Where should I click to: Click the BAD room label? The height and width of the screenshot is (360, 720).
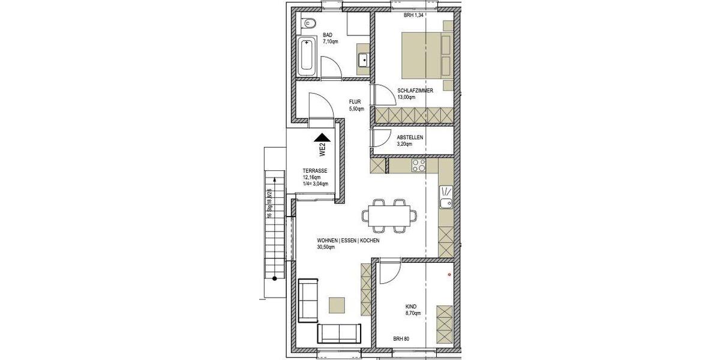click(x=328, y=35)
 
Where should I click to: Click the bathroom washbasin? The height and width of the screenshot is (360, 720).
click(x=364, y=59)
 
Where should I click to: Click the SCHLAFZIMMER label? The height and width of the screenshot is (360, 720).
click(x=415, y=90)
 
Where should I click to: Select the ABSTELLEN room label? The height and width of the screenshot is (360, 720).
click(x=410, y=137)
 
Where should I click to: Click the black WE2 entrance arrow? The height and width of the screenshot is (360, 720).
click(x=322, y=139)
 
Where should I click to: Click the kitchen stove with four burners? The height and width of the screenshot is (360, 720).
click(x=418, y=165)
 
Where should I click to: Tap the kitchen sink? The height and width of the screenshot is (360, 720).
click(x=446, y=197)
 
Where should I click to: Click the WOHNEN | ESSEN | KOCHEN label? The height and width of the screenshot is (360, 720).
click(x=349, y=240)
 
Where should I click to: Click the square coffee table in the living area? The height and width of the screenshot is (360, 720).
click(x=337, y=305)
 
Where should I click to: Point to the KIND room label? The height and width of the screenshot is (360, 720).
click(x=411, y=306)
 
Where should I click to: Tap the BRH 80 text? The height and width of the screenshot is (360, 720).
click(x=401, y=339)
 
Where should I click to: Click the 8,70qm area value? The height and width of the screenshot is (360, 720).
click(x=414, y=313)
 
